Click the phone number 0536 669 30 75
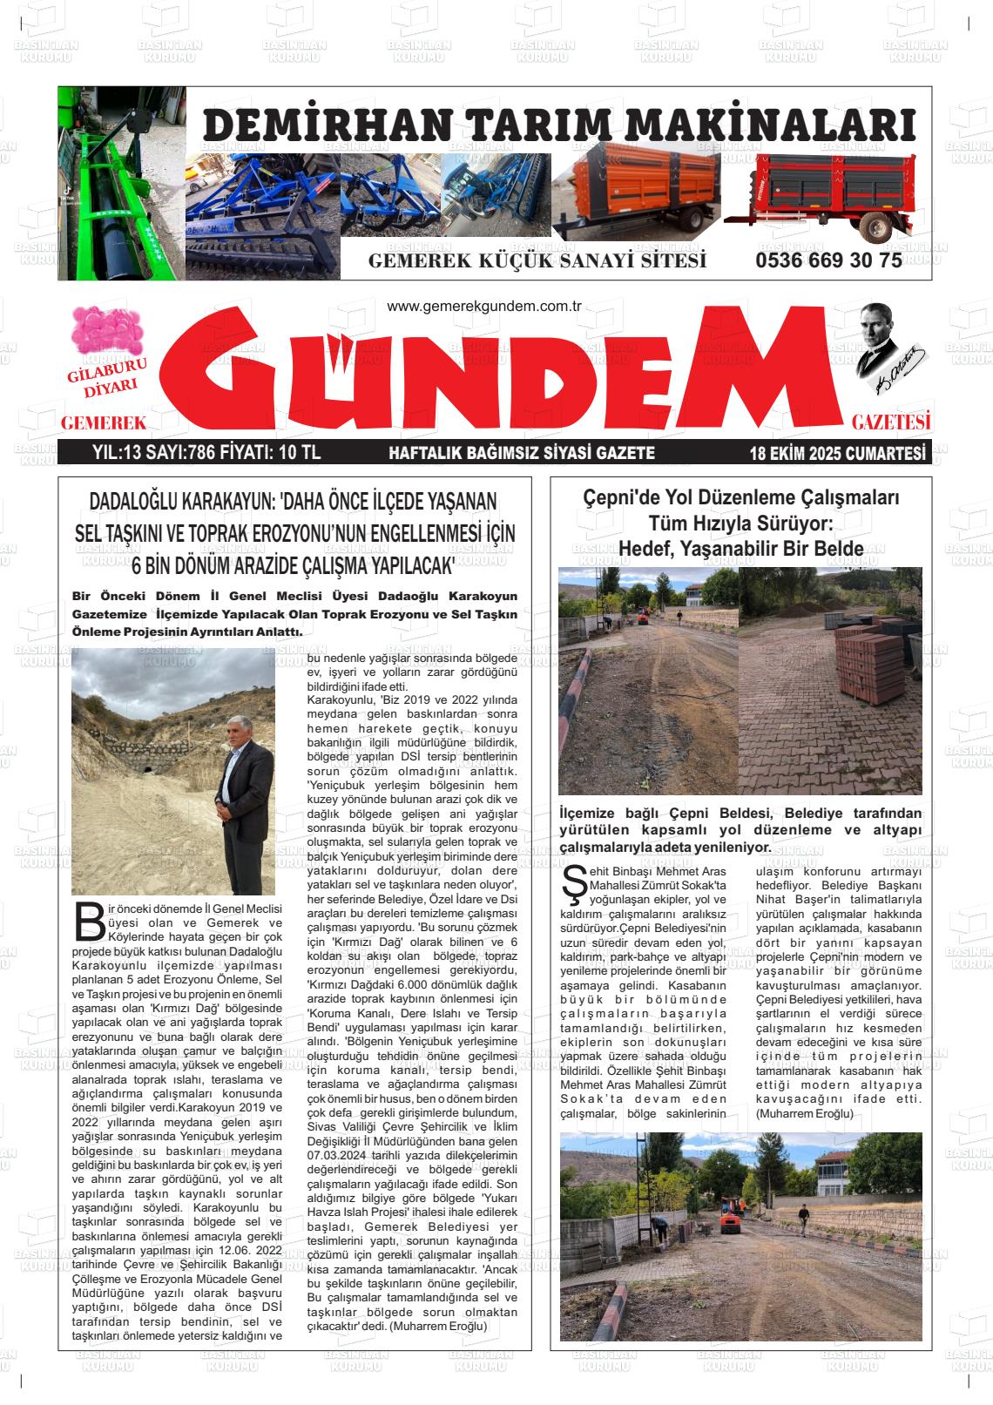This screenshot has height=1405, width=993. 828,260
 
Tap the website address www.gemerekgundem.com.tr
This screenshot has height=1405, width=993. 483,307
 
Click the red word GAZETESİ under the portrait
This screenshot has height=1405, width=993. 891,423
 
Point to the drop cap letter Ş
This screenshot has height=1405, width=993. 575,888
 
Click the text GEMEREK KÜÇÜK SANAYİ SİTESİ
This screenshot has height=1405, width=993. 537,261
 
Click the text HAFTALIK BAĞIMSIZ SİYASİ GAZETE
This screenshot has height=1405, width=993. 521,453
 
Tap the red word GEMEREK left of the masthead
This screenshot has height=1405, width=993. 102,423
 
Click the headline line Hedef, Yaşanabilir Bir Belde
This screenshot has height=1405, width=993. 740,549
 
